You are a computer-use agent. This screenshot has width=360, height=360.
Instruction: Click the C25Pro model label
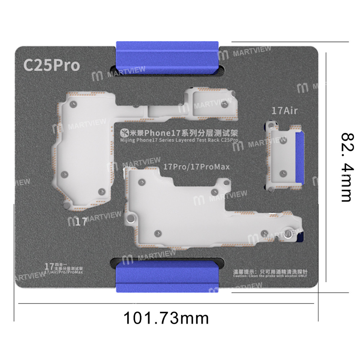51,65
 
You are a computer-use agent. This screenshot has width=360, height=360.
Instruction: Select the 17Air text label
284,111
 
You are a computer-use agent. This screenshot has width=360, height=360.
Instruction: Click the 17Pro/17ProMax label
196,167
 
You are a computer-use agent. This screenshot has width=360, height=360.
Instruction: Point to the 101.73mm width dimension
166,318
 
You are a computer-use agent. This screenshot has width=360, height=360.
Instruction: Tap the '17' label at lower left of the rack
81,222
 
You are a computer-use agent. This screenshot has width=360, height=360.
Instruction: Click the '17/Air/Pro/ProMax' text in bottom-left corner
63,273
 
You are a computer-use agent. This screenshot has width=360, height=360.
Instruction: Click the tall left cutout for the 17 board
81,151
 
